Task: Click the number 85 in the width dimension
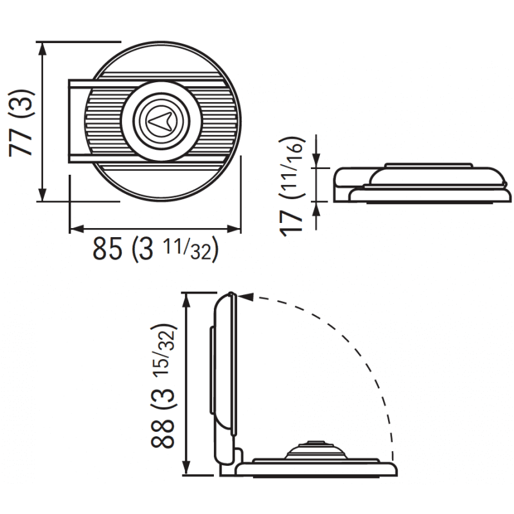[x=107, y=249]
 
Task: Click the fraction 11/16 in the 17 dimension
[x=292, y=169]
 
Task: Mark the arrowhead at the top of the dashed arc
[x=246, y=297]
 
